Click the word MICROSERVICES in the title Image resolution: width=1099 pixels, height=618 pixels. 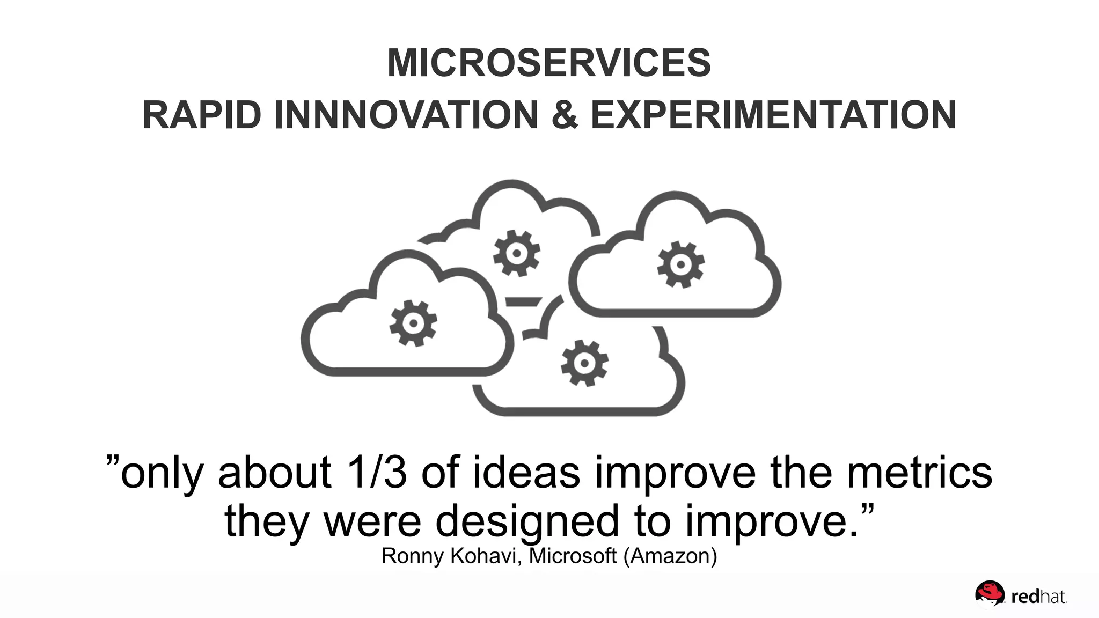tap(549, 63)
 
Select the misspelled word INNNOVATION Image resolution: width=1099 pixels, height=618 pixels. tap(406, 115)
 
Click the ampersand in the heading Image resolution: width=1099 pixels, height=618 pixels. tap(564, 115)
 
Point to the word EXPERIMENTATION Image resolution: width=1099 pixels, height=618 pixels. tap(773, 115)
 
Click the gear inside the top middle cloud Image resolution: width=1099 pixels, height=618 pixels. tap(517, 253)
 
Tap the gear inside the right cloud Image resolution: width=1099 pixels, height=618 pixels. tap(681, 264)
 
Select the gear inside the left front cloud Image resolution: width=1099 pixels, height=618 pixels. tap(413, 323)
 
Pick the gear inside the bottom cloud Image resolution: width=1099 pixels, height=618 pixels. tap(584, 363)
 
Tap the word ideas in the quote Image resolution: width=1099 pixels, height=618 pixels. tap(526, 473)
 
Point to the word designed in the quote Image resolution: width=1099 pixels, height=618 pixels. tap(527, 521)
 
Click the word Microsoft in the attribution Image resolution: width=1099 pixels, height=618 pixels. tap(573, 556)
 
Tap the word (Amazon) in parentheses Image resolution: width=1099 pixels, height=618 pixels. tap(670, 556)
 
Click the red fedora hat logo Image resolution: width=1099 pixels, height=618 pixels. tap(990, 593)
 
